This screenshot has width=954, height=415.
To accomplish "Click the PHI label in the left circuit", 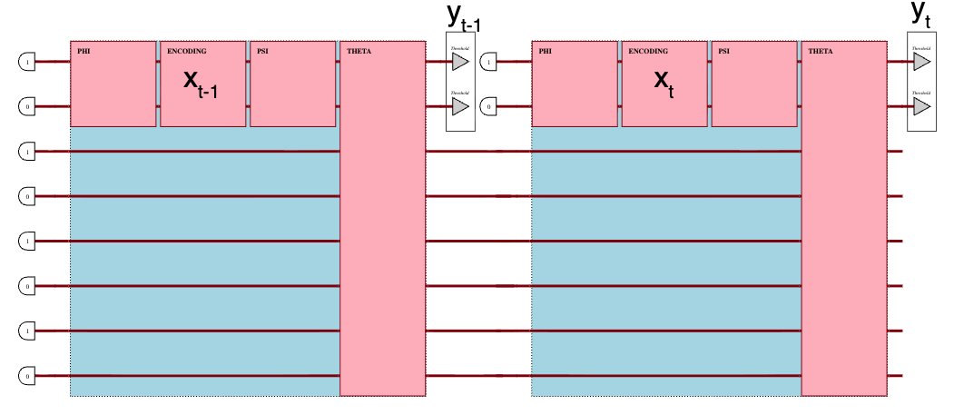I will (x=84, y=51).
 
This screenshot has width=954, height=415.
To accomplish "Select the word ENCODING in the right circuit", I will (x=648, y=51).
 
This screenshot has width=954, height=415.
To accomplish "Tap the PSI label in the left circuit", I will (x=262, y=51).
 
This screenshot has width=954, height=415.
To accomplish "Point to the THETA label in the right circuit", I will (x=820, y=51).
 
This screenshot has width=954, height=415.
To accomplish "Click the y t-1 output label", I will (x=462, y=17).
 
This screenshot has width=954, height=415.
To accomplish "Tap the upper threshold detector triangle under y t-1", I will (x=460, y=62).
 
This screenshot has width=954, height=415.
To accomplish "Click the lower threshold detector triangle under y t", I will (x=921, y=106).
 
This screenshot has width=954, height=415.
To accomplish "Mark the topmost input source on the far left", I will (x=27, y=62).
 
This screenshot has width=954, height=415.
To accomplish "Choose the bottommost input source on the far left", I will (x=27, y=375).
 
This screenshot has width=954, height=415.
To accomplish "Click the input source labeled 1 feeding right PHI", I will (x=488, y=62).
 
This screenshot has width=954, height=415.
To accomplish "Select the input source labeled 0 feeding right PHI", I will (x=488, y=106).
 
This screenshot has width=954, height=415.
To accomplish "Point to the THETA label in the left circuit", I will (x=359, y=51).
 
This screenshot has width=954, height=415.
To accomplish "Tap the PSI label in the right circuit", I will (x=723, y=51).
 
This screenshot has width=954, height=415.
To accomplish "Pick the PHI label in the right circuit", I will (x=545, y=51).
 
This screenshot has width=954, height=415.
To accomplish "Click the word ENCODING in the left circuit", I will (x=187, y=51).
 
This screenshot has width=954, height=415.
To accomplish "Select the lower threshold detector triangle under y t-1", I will (x=460, y=106).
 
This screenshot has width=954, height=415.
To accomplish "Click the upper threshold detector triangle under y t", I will (x=921, y=62).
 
